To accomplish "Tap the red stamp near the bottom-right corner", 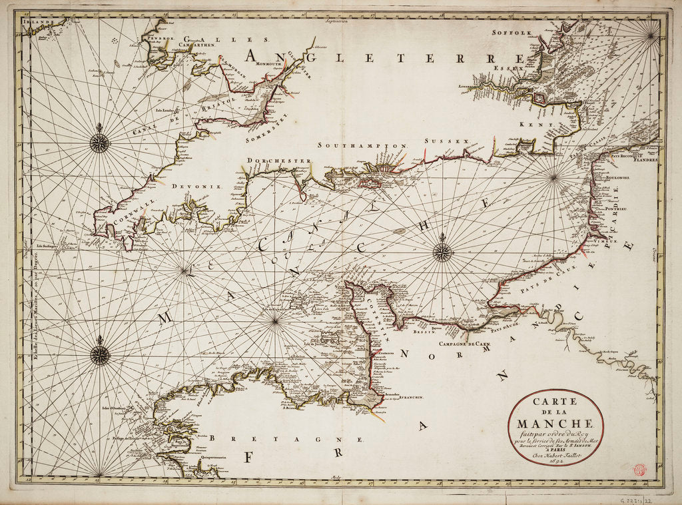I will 639,469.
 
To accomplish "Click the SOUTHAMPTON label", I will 362,145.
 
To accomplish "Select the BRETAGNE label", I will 286,439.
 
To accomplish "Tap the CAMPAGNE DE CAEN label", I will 464,342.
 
